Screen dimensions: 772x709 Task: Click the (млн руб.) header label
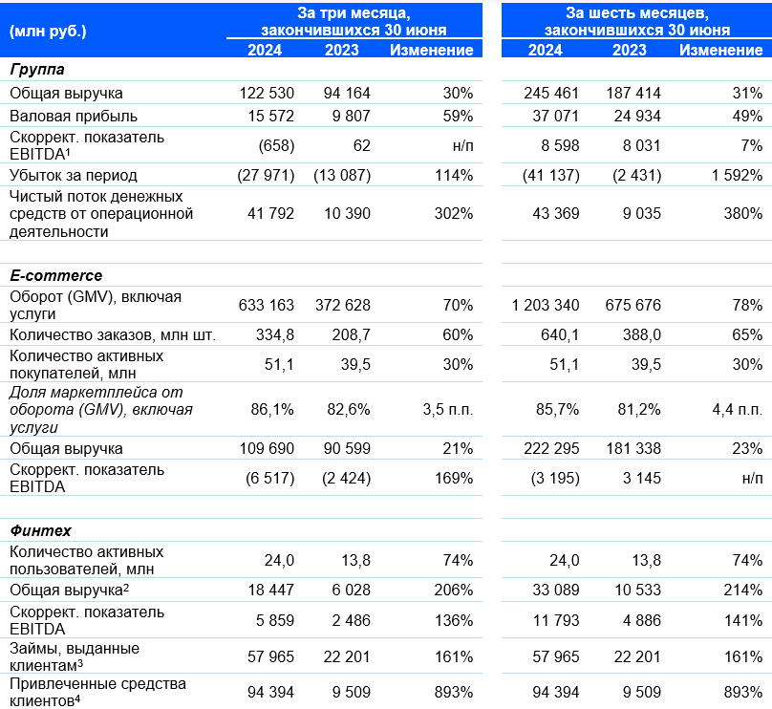click(x=48, y=32)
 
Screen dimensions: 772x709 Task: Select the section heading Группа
click(x=37, y=70)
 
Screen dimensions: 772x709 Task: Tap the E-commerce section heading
click(x=56, y=275)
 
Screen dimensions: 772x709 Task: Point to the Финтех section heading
click(x=40, y=530)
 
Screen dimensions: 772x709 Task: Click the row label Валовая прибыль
click(x=74, y=117)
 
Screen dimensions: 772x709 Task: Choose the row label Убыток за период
click(x=74, y=175)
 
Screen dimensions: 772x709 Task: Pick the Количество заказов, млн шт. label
click(x=113, y=334)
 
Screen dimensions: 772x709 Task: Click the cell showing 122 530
click(x=267, y=93)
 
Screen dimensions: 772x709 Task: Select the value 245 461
click(x=551, y=93)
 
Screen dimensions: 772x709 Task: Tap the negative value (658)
click(x=276, y=146)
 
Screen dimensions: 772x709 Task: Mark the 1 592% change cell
click(x=737, y=175)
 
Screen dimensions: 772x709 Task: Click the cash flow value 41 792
click(x=270, y=214)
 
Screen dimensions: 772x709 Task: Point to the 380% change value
click(x=743, y=214)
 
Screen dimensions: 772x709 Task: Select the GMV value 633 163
click(x=266, y=305)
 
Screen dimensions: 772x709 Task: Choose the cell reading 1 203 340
click(x=546, y=305)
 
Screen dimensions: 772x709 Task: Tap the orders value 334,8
click(x=275, y=334)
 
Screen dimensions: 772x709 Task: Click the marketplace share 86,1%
click(x=271, y=409)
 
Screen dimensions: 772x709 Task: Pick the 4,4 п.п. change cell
click(x=737, y=409)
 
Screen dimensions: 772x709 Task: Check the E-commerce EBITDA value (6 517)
click(x=269, y=478)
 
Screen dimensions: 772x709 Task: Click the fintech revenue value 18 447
click(x=270, y=590)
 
